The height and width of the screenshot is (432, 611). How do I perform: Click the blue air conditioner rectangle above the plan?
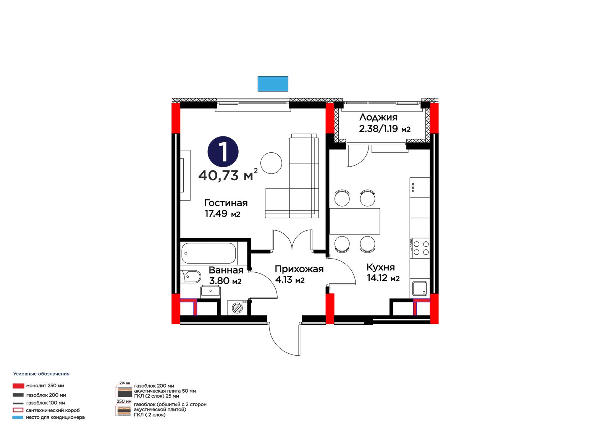[x=273, y=84]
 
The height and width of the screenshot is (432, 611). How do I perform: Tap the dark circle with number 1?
[x=223, y=152]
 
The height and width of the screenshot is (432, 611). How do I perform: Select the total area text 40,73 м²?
[x=228, y=175]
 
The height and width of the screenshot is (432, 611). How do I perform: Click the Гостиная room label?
[x=226, y=203]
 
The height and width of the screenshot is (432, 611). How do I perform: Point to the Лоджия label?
[x=378, y=117]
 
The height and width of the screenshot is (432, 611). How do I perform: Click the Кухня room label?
[x=380, y=267]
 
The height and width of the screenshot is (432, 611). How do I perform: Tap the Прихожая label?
[x=299, y=269]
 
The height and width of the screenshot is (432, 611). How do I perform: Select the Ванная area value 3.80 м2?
[x=225, y=280]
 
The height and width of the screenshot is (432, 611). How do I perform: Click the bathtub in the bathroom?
[x=209, y=253]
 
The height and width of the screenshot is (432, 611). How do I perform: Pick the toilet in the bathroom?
[x=191, y=277]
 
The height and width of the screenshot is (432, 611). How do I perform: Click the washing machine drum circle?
[x=237, y=308]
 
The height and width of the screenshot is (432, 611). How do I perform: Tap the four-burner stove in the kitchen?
[x=420, y=248]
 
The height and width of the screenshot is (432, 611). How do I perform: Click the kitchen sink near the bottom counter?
[x=420, y=288]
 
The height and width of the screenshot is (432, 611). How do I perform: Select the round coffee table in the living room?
[x=271, y=163]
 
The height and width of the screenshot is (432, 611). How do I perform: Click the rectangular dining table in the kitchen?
[x=355, y=221]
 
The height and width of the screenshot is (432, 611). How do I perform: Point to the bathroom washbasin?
[x=210, y=291]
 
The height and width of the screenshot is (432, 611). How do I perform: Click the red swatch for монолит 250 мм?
[x=18, y=386]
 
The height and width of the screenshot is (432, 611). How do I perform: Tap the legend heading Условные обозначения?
[x=42, y=374]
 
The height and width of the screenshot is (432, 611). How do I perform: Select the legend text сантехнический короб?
[x=53, y=410]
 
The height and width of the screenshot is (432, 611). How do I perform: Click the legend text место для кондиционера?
[x=55, y=417]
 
